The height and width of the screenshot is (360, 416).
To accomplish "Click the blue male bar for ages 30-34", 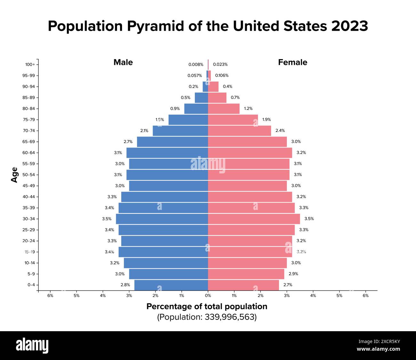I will click(x=162, y=219).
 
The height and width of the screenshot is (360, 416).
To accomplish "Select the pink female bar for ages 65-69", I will click(x=247, y=142).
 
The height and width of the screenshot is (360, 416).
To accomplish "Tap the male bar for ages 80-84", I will click(x=196, y=108).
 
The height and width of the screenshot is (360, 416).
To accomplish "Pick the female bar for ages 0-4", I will click(x=243, y=285).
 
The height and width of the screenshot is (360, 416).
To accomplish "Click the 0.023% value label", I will click(x=220, y=64).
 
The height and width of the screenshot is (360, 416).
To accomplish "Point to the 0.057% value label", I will click(x=195, y=76).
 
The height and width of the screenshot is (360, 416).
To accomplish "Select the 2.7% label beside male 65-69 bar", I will click(x=128, y=142).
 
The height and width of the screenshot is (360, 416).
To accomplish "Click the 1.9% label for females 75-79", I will click(x=267, y=120).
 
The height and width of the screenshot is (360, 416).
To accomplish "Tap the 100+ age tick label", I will click(x=30, y=64).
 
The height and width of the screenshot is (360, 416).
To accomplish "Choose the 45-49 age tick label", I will click(x=29, y=186).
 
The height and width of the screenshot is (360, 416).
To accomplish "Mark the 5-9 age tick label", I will click(x=31, y=274).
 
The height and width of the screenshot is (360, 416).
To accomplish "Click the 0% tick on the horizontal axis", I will click(x=208, y=296).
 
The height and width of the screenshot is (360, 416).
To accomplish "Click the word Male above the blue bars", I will click(x=123, y=62).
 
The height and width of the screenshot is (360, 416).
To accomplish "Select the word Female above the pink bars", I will click(x=292, y=62).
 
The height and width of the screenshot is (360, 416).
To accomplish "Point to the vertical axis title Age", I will click(x=14, y=175).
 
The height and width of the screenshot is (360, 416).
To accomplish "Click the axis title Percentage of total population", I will click(x=207, y=307).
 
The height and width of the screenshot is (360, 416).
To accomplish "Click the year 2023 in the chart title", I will click(x=349, y=26).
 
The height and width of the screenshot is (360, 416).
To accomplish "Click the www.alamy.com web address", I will click(x=378, y=349).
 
